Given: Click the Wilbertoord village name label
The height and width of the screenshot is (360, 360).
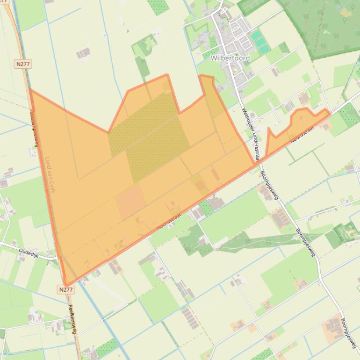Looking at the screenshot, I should pos(230,58).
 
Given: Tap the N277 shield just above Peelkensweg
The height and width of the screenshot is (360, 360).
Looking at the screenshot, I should pos(66,290).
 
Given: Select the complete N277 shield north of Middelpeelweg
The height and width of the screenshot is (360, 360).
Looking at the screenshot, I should pos(23,64).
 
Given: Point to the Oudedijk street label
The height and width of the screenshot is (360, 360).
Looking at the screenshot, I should pos(30,253).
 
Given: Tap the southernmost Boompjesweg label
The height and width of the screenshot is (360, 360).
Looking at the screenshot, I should pos(349,333).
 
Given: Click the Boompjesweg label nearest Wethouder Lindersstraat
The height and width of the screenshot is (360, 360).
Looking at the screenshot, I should pos(269,185).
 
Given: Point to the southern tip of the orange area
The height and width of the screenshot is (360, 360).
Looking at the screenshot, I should pos(67,283).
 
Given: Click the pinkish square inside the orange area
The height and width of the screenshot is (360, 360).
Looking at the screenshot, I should pos(131,201).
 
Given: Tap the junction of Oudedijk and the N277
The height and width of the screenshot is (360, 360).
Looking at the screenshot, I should pos(58,257).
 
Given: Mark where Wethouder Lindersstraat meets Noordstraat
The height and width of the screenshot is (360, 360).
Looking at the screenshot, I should pos(256,163).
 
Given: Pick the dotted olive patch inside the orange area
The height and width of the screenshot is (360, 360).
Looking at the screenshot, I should pos(150,136).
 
